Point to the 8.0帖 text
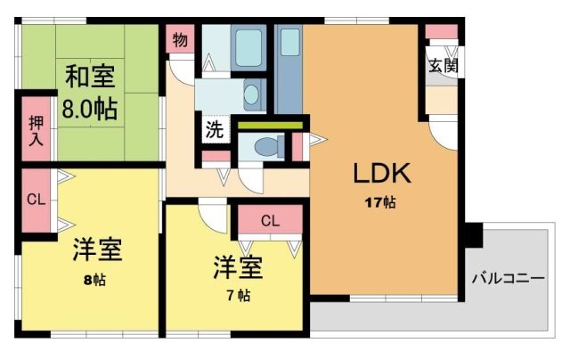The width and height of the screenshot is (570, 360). [x=90, y=110]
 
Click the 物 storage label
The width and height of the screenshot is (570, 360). [x=180, y=39]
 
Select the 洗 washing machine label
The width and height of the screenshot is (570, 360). [x=215, y=128]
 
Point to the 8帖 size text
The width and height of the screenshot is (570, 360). [x=95, y=280]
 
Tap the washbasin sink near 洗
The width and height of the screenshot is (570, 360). [x=252, y=92]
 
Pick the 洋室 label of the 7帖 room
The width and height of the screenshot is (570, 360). [x=238, y=266]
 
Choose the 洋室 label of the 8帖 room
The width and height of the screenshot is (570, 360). [x=97, y=249]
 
